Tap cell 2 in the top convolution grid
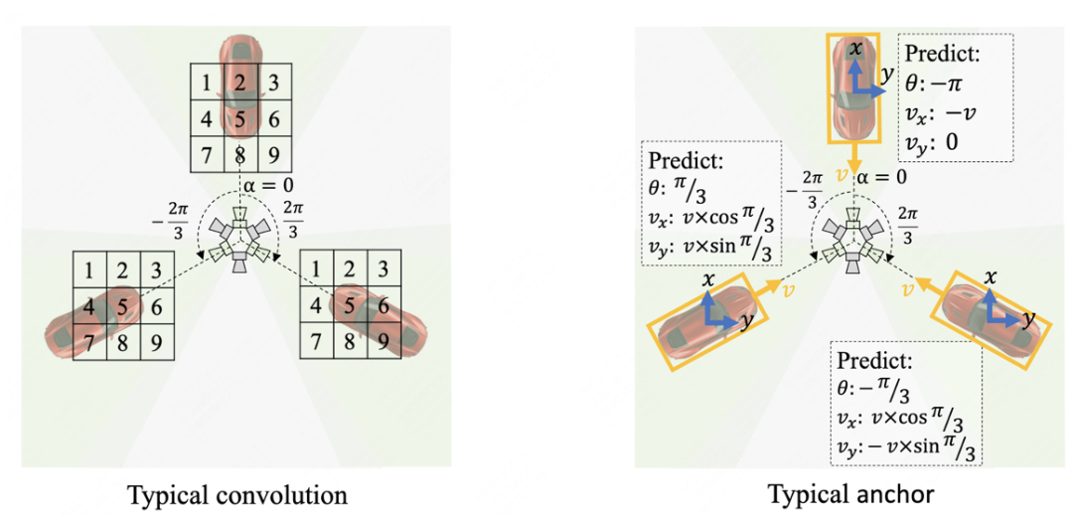237,82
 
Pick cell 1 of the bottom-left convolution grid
90,270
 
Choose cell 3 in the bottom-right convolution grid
384,270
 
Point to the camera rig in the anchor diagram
854,239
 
